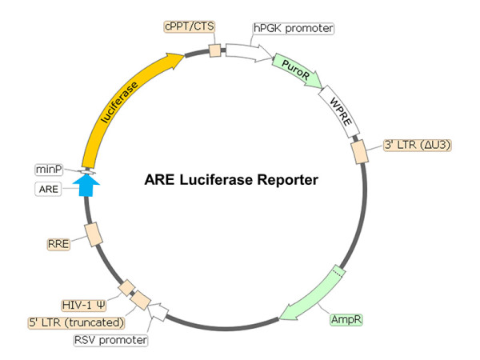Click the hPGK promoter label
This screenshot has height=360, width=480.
tap(293, 29)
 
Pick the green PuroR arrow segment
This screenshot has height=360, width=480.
tap(297, 70)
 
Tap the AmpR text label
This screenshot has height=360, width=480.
tap(345, 318)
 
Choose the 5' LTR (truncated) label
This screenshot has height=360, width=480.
tap(77, 322)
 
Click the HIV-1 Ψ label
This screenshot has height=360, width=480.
tap(85, 305)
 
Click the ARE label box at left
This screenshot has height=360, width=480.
tap(48, 189)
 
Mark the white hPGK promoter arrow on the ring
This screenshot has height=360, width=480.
tap(249, 54)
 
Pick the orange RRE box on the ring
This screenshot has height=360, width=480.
tap(94, 234)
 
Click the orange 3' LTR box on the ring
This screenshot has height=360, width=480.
tap(358, 150)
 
